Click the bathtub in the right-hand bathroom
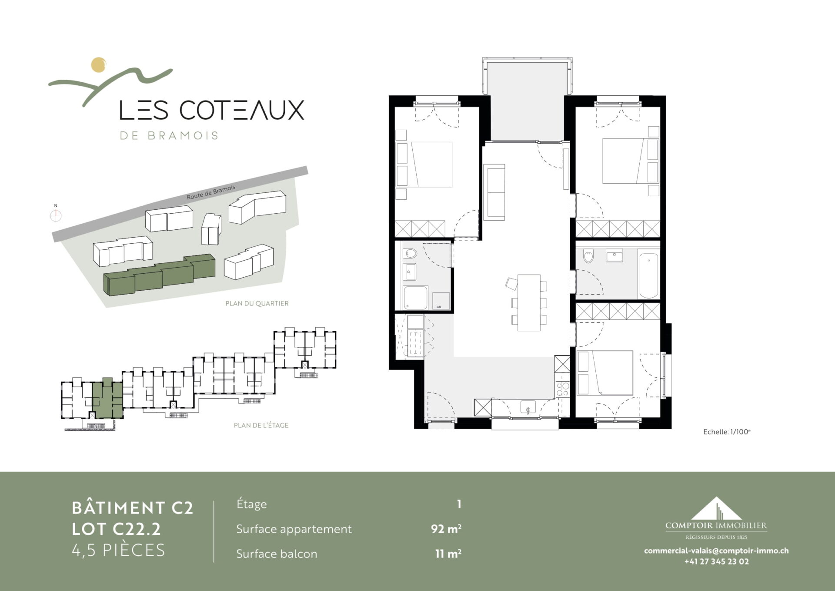pos(648,273)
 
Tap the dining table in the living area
pos(529,302)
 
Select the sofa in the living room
pos(494,192)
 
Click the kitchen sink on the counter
pos(528,408)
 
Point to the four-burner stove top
pos(562,389)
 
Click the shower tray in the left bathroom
pos(416,298)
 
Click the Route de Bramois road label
pos(211,192)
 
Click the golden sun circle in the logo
pos(99,64)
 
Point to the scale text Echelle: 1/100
pos(727,432)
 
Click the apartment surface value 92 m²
pos(446,529)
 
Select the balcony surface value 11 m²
pos(448,554)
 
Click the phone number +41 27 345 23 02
pos(717,561)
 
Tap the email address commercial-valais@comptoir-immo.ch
pos(716,551)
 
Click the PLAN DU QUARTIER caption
pos(257,303)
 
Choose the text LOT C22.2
pos(116,529)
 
